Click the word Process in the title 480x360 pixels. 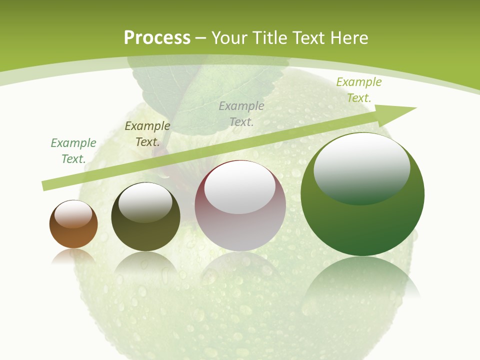click(x=157, y=38)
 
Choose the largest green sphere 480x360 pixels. click(x=362, y=220)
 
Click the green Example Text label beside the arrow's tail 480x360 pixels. click(x=73, y=151)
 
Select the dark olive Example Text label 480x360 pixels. click(x=147, y=134)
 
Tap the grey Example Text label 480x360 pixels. click(x=241, y=113)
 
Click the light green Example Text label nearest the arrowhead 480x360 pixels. click(x=359, y=90)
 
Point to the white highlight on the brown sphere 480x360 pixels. click(x=73, y=214)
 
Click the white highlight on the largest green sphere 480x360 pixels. click(x=361, y=167)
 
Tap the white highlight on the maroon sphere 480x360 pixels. click(x=239, y=189)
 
